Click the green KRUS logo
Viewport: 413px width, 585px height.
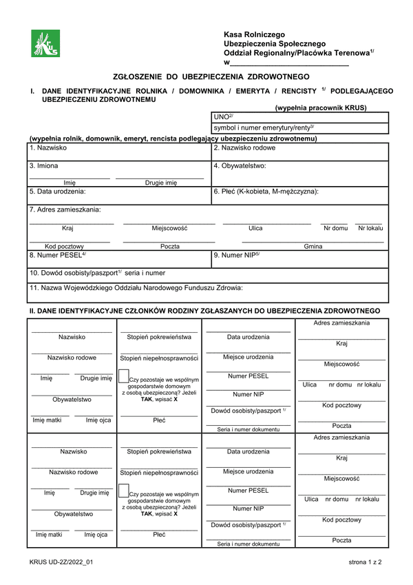click(45, 45)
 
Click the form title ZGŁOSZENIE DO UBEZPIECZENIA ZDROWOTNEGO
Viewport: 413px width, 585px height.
click(211, 76)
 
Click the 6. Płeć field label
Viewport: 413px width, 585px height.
click(266, 192)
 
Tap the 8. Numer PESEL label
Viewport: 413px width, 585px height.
click(58, 256)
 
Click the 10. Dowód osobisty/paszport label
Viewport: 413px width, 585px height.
click(97, 273)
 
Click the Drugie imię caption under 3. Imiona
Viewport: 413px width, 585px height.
click(161, 183)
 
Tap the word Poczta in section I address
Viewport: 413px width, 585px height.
click(170, 246)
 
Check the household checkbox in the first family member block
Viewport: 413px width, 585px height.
click(123, 377)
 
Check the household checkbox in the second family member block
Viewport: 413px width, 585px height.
click(123, 492)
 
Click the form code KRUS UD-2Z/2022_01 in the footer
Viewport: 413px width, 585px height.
click(61, 562)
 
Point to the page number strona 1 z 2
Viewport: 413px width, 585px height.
click(365, 562)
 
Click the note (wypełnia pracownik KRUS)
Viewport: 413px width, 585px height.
click(321, 107)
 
